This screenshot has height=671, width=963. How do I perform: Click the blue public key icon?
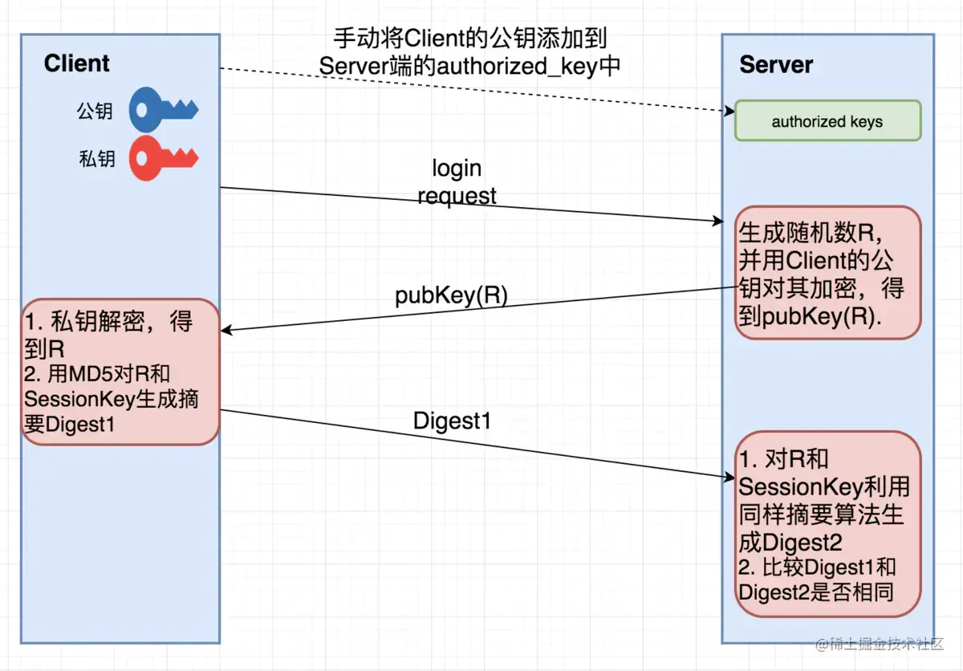165,109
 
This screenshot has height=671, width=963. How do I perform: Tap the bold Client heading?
77,63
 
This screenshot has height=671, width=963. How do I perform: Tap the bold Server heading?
776,65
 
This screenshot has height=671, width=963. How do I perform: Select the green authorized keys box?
827,122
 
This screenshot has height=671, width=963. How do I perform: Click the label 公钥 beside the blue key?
95,111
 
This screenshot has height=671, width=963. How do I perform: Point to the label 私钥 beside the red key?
97,159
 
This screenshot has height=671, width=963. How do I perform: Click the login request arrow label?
457,181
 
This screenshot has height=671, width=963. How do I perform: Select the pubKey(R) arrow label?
451,295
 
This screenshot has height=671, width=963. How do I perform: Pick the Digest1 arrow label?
452,421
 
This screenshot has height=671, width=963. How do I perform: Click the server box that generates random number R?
827,273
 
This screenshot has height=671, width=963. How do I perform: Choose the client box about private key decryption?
120,372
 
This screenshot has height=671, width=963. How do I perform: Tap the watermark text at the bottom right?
880,645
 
